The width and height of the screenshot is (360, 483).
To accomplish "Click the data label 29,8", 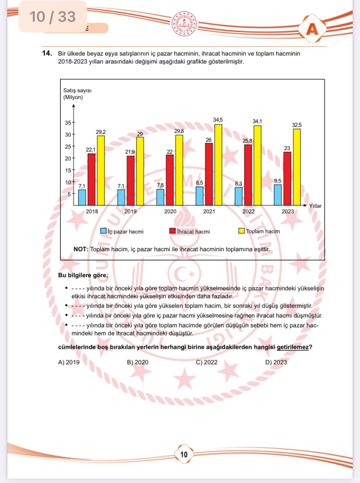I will pos(178,130).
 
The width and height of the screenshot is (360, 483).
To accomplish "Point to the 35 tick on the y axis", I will pos(67,123).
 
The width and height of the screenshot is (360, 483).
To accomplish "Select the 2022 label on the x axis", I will pos(249,212).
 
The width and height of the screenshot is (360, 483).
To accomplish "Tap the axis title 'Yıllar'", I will pos(316,207).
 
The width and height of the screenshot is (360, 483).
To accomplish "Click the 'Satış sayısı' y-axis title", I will pos(76,91).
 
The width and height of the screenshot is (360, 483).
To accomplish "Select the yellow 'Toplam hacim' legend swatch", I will pos(242,231).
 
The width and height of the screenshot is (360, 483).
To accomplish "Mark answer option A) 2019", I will pos(69,362).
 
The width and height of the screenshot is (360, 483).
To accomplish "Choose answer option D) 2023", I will pos(260,362).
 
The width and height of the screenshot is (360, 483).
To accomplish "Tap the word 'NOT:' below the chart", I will pos(80,248).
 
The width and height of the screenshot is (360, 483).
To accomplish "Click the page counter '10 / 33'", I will pos(52,16).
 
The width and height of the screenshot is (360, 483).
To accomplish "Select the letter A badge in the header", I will pos(313,30).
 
